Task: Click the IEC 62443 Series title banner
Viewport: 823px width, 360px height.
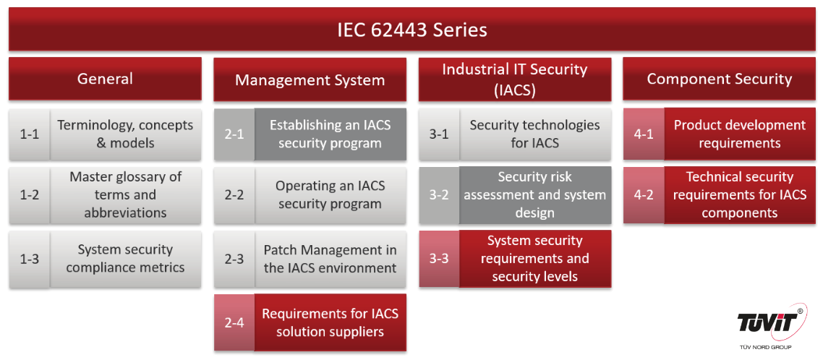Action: pos(412,30)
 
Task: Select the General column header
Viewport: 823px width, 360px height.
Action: pos(105,79)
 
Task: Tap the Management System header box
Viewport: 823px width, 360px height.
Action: pos(310,80)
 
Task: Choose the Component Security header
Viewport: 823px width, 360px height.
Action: pos(719,79)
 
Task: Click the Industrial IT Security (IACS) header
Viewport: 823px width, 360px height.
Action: pos(515,80)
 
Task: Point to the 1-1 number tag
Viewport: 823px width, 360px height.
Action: pos(30,134)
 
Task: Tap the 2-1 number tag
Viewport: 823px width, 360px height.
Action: pos(234,134)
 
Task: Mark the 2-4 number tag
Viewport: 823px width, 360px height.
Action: pos(234,322)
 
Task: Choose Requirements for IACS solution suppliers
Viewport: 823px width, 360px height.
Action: pos(331,322)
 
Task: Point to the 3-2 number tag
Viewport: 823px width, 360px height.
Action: pos(439,194)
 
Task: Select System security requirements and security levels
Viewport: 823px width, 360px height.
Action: pos(535,258)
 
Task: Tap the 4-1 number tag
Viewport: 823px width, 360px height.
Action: pos(644,134)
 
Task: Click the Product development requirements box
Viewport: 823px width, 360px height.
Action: pos(740,134)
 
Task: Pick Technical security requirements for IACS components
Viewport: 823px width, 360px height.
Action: pos(740,194)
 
